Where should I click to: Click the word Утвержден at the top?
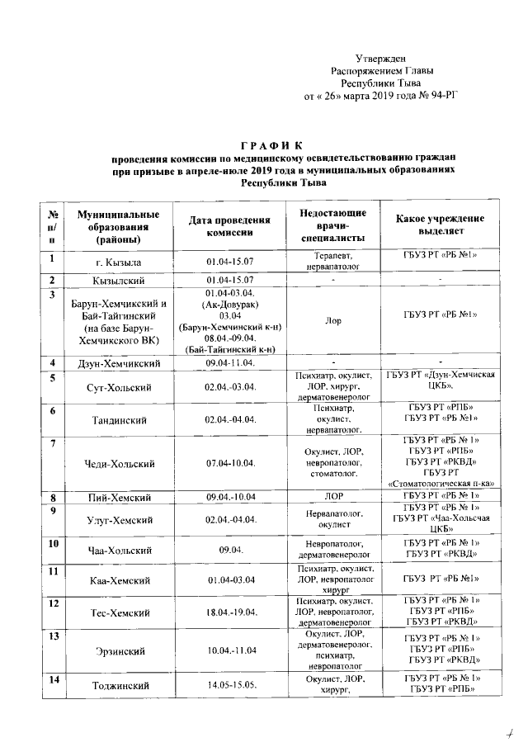(x=380, y=59)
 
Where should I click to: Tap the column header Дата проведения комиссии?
(x=230, y=227)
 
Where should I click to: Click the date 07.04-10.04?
(x=231, y=464)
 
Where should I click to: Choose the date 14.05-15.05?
(x=231, y=686)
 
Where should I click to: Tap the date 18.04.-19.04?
(x=231, y=612)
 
